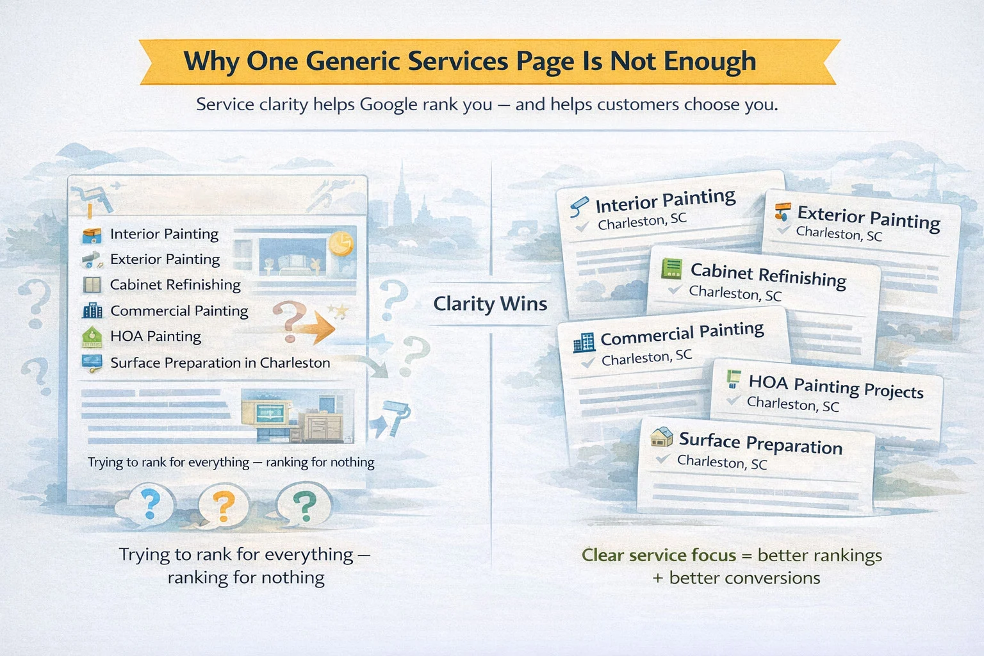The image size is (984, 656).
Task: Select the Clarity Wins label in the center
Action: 490,303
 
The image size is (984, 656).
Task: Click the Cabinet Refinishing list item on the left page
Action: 175,284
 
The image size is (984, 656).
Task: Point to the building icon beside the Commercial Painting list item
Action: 92,311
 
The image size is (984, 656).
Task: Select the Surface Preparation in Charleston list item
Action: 220,363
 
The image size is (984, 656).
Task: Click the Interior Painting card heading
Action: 665,201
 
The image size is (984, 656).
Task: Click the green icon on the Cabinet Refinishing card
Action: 671,268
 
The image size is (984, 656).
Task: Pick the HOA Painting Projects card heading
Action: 835,386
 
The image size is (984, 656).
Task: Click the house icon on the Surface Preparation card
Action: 661,437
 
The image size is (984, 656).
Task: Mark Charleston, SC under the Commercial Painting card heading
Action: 646,357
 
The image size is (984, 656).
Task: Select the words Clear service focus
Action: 659,555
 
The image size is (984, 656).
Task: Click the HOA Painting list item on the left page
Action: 155,336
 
